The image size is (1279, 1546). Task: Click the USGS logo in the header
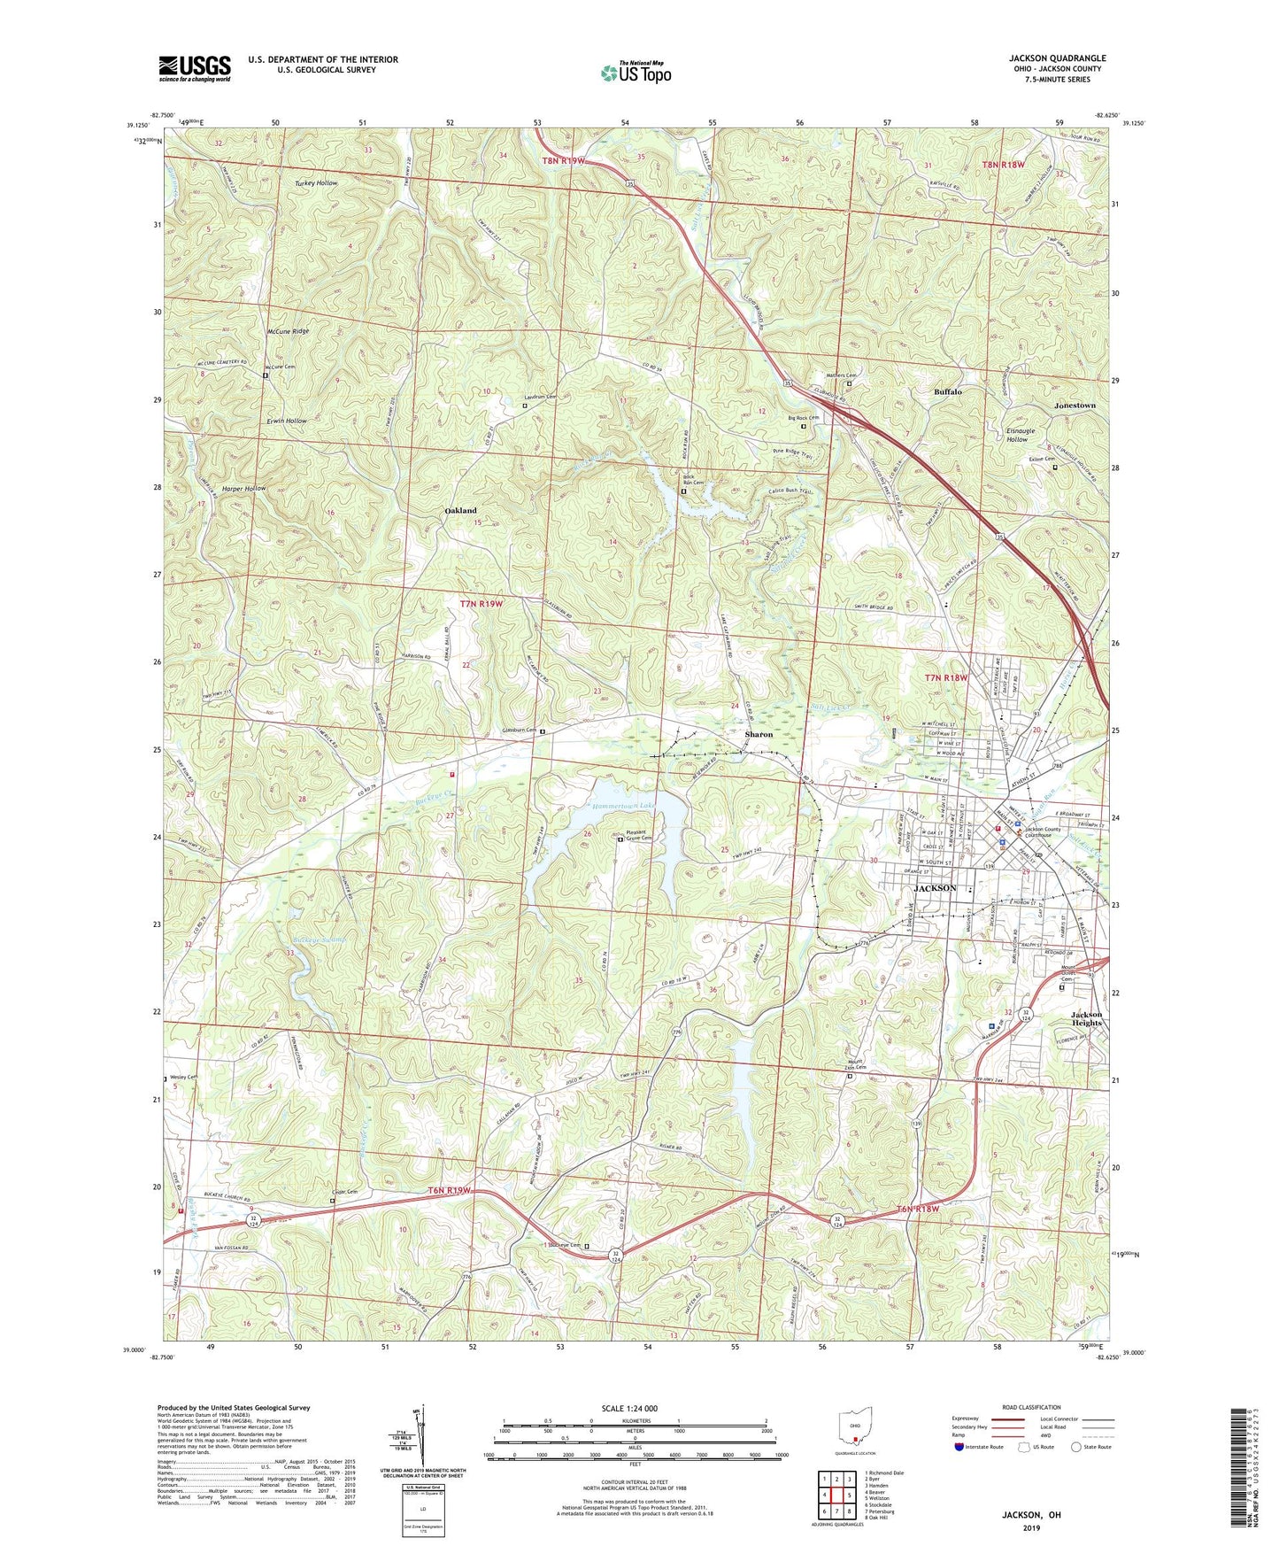(x=195, y=68)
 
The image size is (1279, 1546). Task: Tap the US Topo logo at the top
(x=636, y=72)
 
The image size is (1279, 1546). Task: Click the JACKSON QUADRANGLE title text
(x=1057, y=58)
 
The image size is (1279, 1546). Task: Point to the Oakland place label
(x=460, y=511)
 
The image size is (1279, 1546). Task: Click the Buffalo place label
(x=947, y=391)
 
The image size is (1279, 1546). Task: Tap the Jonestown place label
(x=1075, y=406)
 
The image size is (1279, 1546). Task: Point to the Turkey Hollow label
(x=316, y=182)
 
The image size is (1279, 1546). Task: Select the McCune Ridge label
(x=288, y=330)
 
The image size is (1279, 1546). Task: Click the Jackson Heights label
(x=1086, y=1018)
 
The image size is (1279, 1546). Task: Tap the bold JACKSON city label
(x=935, y=888)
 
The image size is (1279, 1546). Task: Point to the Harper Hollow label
(x=243, y=489)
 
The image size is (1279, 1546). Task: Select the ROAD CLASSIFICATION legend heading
(x=1030, y=1407)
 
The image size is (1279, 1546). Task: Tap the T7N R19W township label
(x=481, y=604)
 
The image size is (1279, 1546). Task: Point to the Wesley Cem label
(x=183, y=1078)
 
